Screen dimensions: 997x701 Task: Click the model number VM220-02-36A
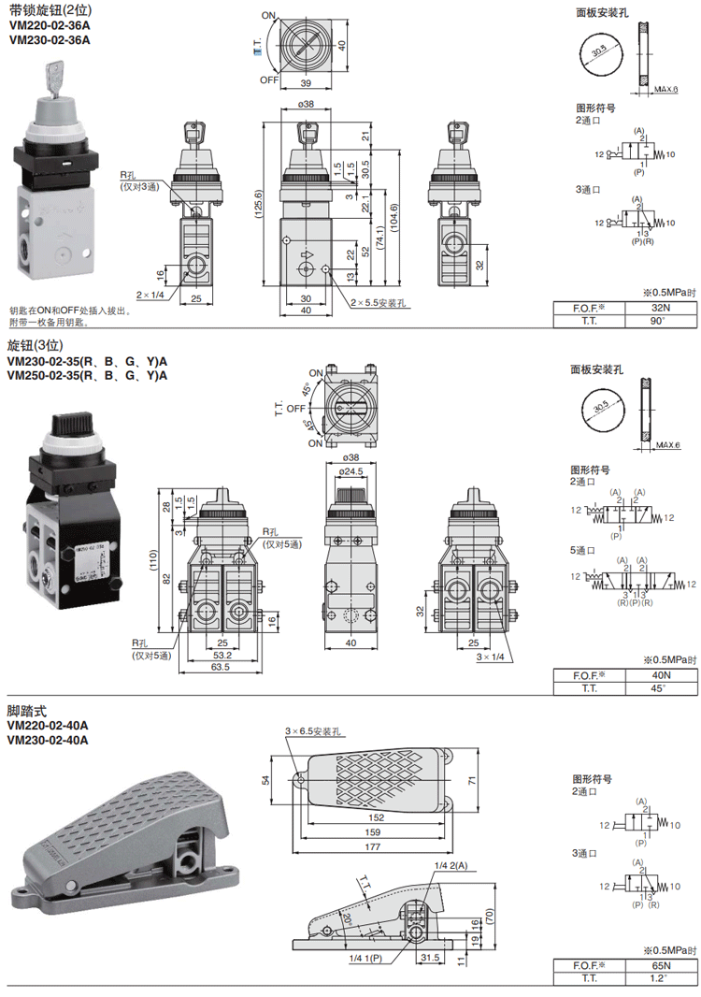coord(49,26)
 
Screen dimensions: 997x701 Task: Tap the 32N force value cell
coord(659,308)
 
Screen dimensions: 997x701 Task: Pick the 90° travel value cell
coord(659,322)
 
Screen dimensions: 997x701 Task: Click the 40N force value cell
coord(659,675)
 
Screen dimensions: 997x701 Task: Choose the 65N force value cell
coord(659,965)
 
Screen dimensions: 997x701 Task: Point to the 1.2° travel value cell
coord(659,978)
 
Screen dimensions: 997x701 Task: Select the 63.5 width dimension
coord(221,667)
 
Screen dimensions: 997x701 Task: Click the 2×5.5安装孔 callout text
coord(382,303)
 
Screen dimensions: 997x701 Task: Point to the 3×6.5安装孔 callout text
coord(316,731)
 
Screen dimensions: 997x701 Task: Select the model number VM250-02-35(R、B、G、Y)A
coord(87,376)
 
